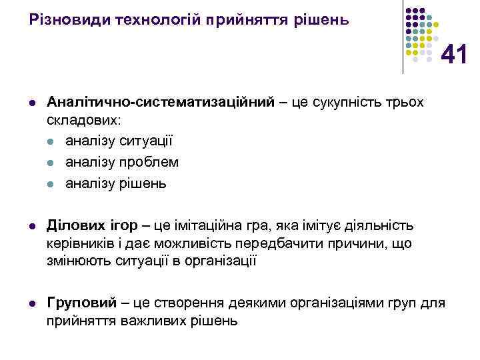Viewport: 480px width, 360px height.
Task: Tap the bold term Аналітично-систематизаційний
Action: pos(161,102)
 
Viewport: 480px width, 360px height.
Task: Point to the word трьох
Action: pos(402,102)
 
